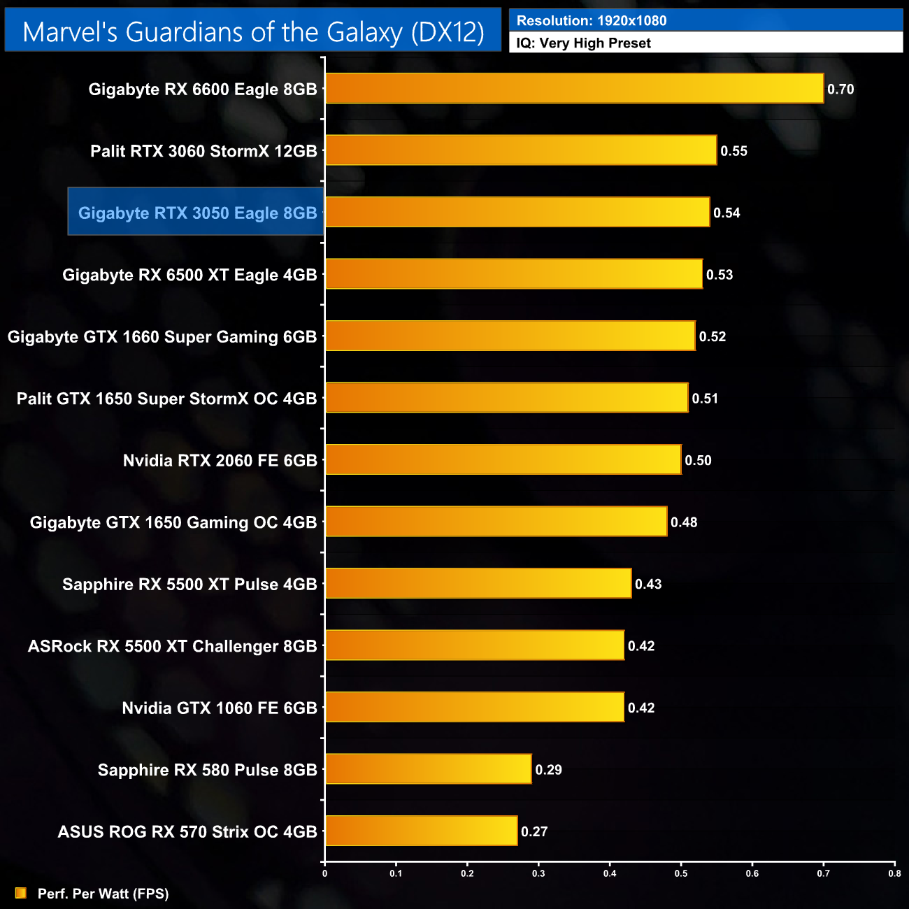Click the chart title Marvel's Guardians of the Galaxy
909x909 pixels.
[x=253, y=32]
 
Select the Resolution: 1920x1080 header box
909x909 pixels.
[x=706, y=20]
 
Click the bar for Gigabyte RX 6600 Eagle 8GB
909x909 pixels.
[x=574, y=89]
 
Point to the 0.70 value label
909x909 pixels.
[x=840, y=90]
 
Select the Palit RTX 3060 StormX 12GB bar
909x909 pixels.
[x=521, y=150]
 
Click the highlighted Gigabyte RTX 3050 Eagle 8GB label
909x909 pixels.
[x=197, y=213]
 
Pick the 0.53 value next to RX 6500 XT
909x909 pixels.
[x=720, y=275]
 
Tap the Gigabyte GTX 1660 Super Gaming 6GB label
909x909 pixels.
[x=162, y=337]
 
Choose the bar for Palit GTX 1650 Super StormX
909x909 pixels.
[x=506, y=398]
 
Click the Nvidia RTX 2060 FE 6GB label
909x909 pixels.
[x=220, y=461]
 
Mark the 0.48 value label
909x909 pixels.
[x=684, y=522]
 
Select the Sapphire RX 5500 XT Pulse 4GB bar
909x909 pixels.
[x=478, y=583]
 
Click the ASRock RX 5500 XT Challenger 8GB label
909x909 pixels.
[x=172, y=646]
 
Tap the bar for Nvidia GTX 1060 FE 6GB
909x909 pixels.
[x=475, y=707]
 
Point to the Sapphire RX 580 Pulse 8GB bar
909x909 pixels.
[x=428, y=769]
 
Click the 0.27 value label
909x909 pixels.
[x=534, y=831]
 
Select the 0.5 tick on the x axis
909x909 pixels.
[x=681, y=873]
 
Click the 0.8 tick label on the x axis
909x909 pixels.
[x=894, y=873]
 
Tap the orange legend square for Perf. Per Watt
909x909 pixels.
[x=21, y=893]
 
